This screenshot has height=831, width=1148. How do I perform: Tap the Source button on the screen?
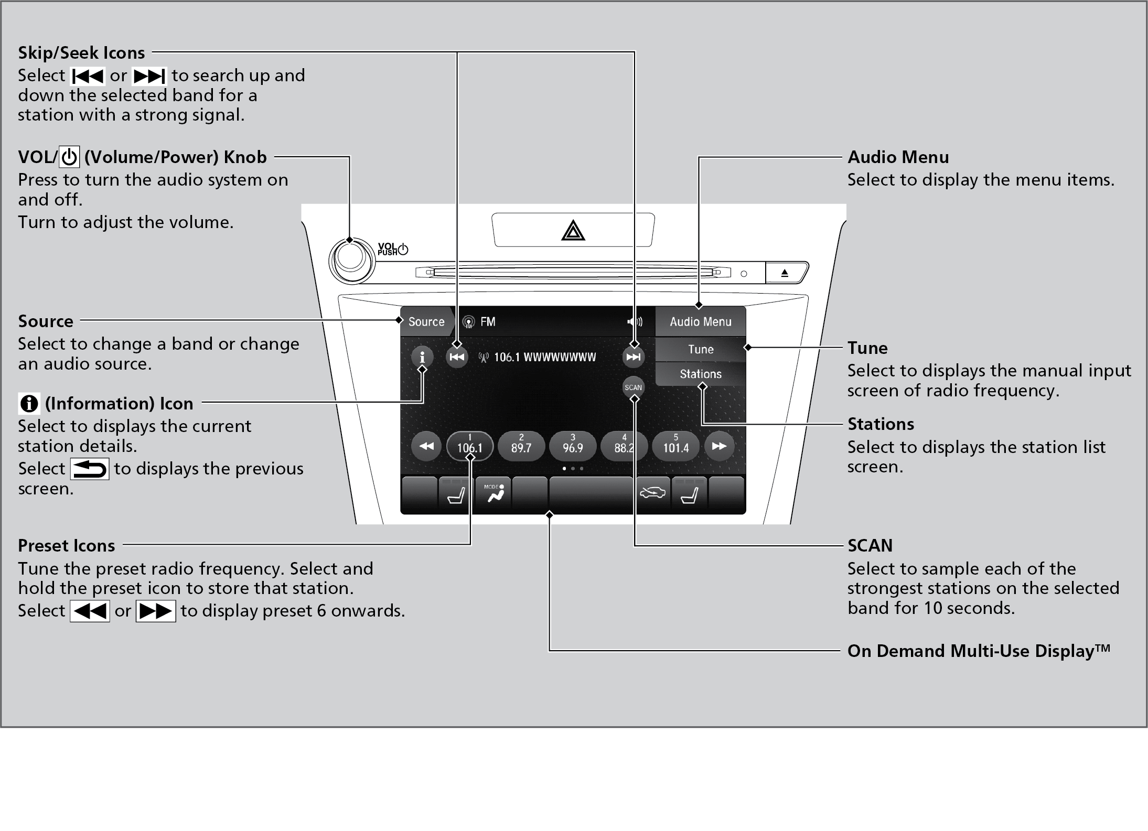click(x=426, y=321)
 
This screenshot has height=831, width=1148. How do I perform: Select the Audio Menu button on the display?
click(x=700, y=321)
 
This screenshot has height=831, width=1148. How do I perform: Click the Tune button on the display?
click(x=701, y=349)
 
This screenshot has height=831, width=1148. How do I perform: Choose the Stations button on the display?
click(x=701, y=374)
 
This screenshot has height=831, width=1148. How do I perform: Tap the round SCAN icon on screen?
click(x=634, y=387)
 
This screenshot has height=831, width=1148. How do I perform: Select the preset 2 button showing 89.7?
click(x=521, y=446)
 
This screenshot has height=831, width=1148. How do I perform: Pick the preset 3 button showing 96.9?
click(x=573, y=446)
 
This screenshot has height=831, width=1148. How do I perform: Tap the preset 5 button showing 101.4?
click(x=675, y=446)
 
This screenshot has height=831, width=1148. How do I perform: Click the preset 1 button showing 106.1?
click(x=469, y=446)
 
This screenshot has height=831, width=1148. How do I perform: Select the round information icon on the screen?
click(x=422, y=357)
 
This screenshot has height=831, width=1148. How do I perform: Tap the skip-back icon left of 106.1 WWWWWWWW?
click(x=457, y=357)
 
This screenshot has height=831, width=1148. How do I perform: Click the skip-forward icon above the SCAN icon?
click(x=634, y=357)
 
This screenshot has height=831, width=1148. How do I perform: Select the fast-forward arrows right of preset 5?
click(x=719, y=446)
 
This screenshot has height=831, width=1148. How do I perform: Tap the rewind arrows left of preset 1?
click(x=426, y=446)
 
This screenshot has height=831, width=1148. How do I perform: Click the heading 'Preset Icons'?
click(x=67, y=546)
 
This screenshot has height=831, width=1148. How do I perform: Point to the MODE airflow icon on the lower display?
click(x=493, y=494)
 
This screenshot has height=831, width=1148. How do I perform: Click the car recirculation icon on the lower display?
click(x=652, y=493)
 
